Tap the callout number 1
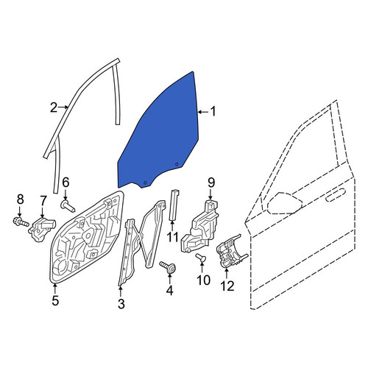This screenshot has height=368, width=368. (x=213, y=111)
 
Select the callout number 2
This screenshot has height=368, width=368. (x=54, y=107)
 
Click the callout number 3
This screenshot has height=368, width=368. (x=121, y=304)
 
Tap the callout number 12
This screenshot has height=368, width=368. (x=227, y=286)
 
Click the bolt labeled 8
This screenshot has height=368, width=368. (x=21, y=222)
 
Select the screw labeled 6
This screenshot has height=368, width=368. (x=68, y=206)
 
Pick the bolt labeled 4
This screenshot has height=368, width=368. (x=168, y=266)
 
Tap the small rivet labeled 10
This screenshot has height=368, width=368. (x=201, y=258)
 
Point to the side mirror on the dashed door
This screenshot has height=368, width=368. (x=285, y=203)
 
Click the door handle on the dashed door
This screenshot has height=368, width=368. (x=336, y=195)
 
